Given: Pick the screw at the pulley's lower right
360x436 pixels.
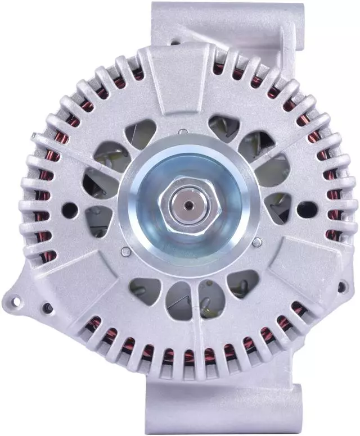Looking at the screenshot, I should pyautogui.click(x=257, y=243).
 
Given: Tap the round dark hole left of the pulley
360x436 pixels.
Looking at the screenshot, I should pyautogui.click(x=70, y=210).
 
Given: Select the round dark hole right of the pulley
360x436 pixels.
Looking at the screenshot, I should pyautogui.click(x=307, y=209).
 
